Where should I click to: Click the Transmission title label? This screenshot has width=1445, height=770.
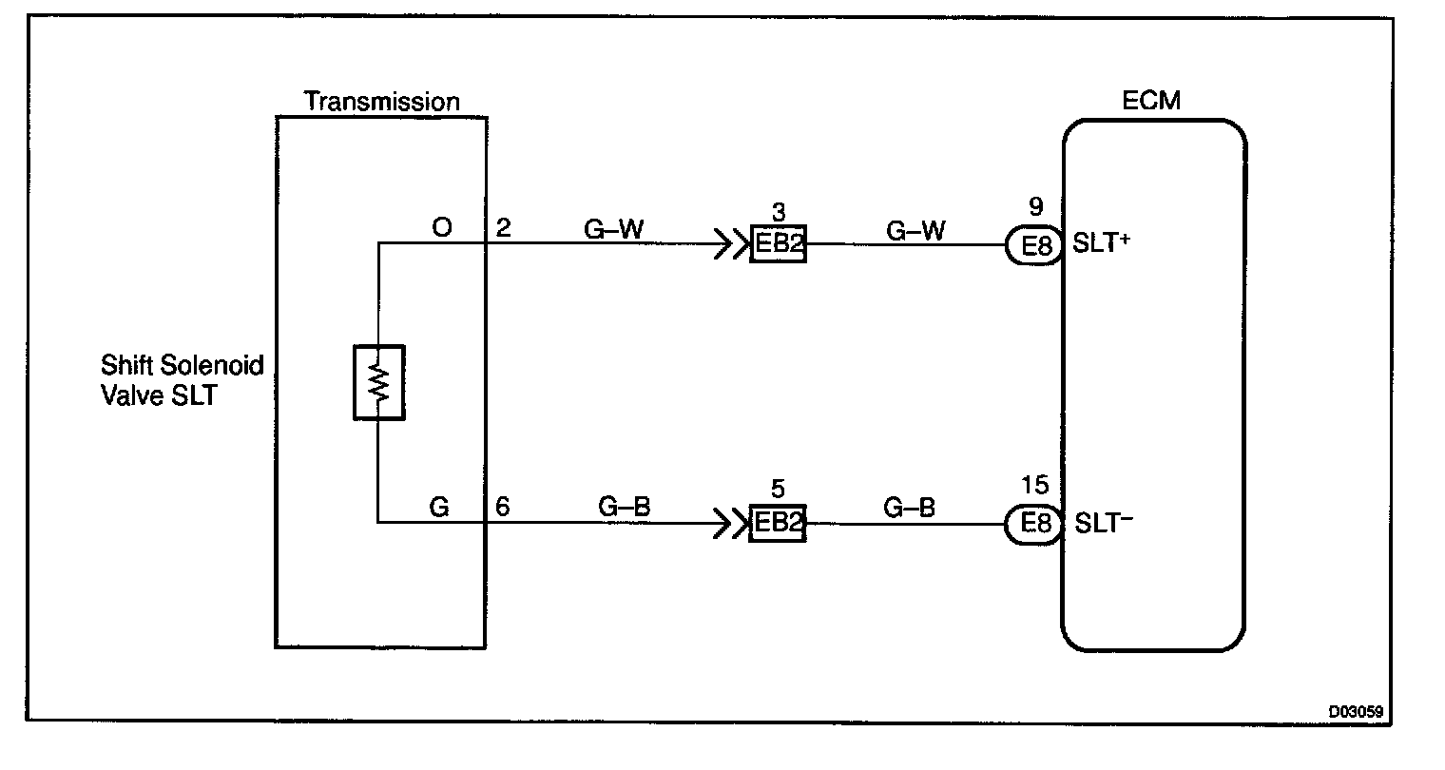click(x=381, y=102)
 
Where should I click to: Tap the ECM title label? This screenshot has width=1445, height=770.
click(x=1151, y=101)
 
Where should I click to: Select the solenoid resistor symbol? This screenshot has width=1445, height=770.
click(x=378, y=382)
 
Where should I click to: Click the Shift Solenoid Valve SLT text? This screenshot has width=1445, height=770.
click(x=169, y=380)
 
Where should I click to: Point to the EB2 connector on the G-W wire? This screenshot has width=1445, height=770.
click(x=778, y=245)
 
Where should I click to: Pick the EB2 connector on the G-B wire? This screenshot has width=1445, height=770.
click(x=778, y=524)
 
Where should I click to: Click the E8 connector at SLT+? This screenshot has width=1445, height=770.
click(x=1033, y=246)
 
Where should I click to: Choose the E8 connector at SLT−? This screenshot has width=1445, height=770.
click(x=1033, y=524)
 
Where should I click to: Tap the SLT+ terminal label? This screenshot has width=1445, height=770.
click(x=1101, y=243)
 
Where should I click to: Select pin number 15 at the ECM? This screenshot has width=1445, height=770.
click(x=1034, y=487)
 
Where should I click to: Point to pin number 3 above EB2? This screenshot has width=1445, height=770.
click(x=778, y=211)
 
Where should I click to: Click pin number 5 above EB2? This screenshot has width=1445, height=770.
click(x=778, y=490)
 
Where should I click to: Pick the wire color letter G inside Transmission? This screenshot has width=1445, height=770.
click(x=438, y=508)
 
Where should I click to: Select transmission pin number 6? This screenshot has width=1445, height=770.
click(x=503, y=508)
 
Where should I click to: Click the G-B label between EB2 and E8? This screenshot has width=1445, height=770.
click(x=909, y=508)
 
